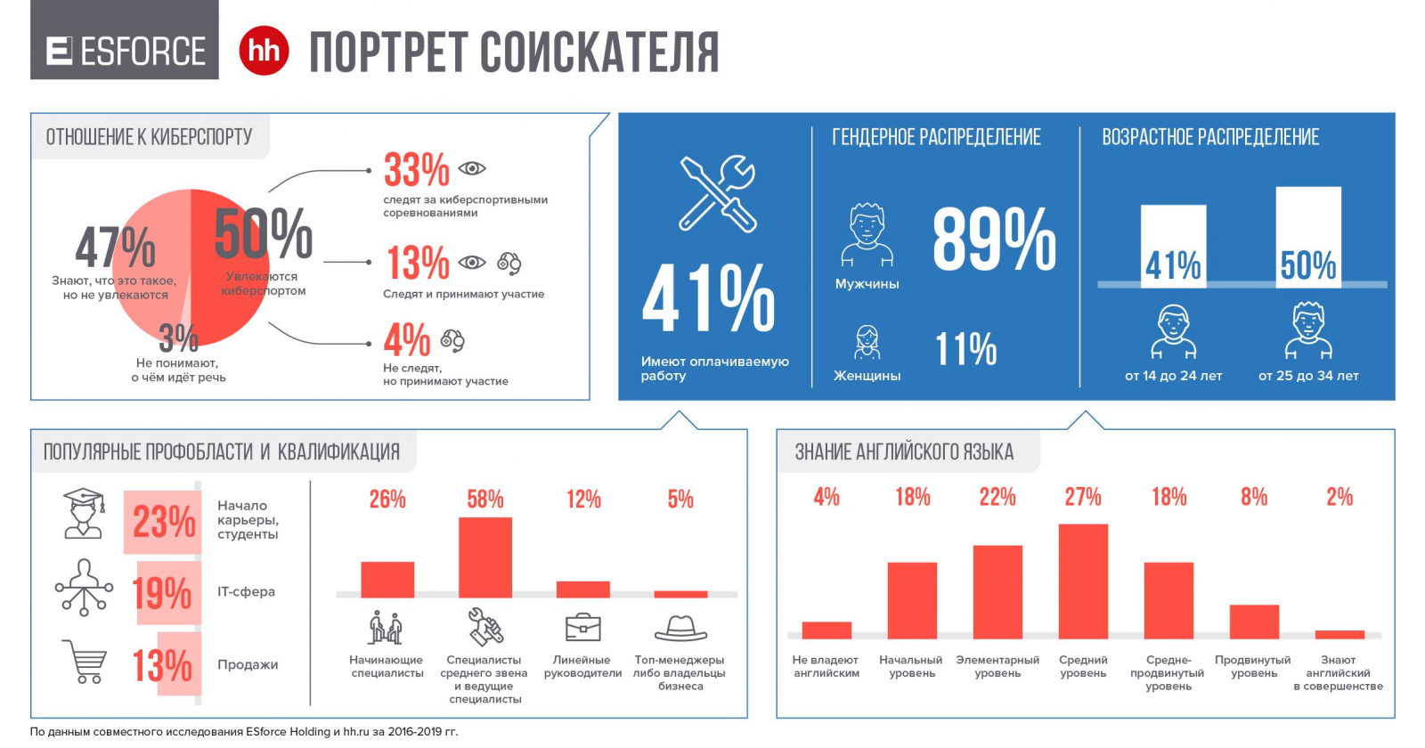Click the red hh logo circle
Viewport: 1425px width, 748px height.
[x=264, y=51]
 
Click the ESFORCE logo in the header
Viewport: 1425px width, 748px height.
[x=125, y=51]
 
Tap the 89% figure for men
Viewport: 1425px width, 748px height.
[x=994, y=240]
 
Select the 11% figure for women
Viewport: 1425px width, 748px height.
[x=965, y=348]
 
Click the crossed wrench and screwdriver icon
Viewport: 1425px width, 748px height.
[x=717, y=193]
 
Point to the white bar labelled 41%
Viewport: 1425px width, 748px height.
[x=1173, y=247]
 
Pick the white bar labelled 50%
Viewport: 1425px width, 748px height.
[x=1307, y=237]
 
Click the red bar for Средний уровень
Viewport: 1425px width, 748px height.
[x=1083, y=581]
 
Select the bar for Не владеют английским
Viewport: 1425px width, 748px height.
[x=826, y=630]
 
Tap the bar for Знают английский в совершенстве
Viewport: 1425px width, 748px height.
[x=1339, y=634]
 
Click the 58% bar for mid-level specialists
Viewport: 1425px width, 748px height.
[x=485, y=557]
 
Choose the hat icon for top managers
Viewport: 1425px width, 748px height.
[x=680, y=629]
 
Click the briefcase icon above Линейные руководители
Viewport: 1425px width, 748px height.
[x=583, y=628]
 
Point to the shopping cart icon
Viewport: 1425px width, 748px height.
[x=85, y=662]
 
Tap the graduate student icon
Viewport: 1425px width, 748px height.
[x=83, y=514]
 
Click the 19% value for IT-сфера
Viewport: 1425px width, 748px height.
[x=162, y=592]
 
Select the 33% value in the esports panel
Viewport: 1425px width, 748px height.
[x=417, y=169]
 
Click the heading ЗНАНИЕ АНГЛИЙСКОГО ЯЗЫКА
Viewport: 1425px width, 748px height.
[x=904, y=452]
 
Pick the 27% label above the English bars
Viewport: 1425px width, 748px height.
[x=1083, y=497]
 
